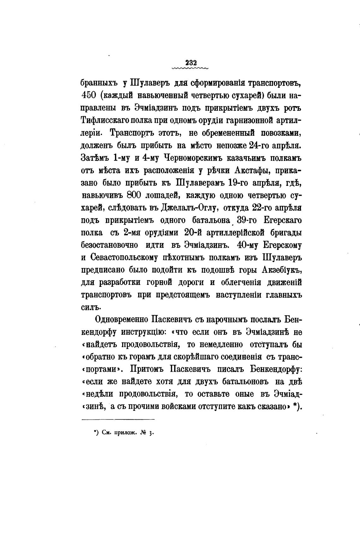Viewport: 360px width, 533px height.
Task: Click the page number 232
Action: click(x=189, y=62)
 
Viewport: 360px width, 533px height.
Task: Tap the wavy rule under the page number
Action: click(x=189, y=68)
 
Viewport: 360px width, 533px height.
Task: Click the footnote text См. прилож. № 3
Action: click(x=124, y=433)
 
